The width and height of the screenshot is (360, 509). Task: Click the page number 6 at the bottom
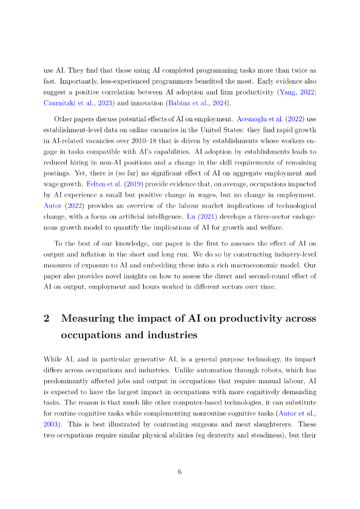point(180,472)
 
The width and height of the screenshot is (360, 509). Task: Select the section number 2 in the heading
point(47,319)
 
